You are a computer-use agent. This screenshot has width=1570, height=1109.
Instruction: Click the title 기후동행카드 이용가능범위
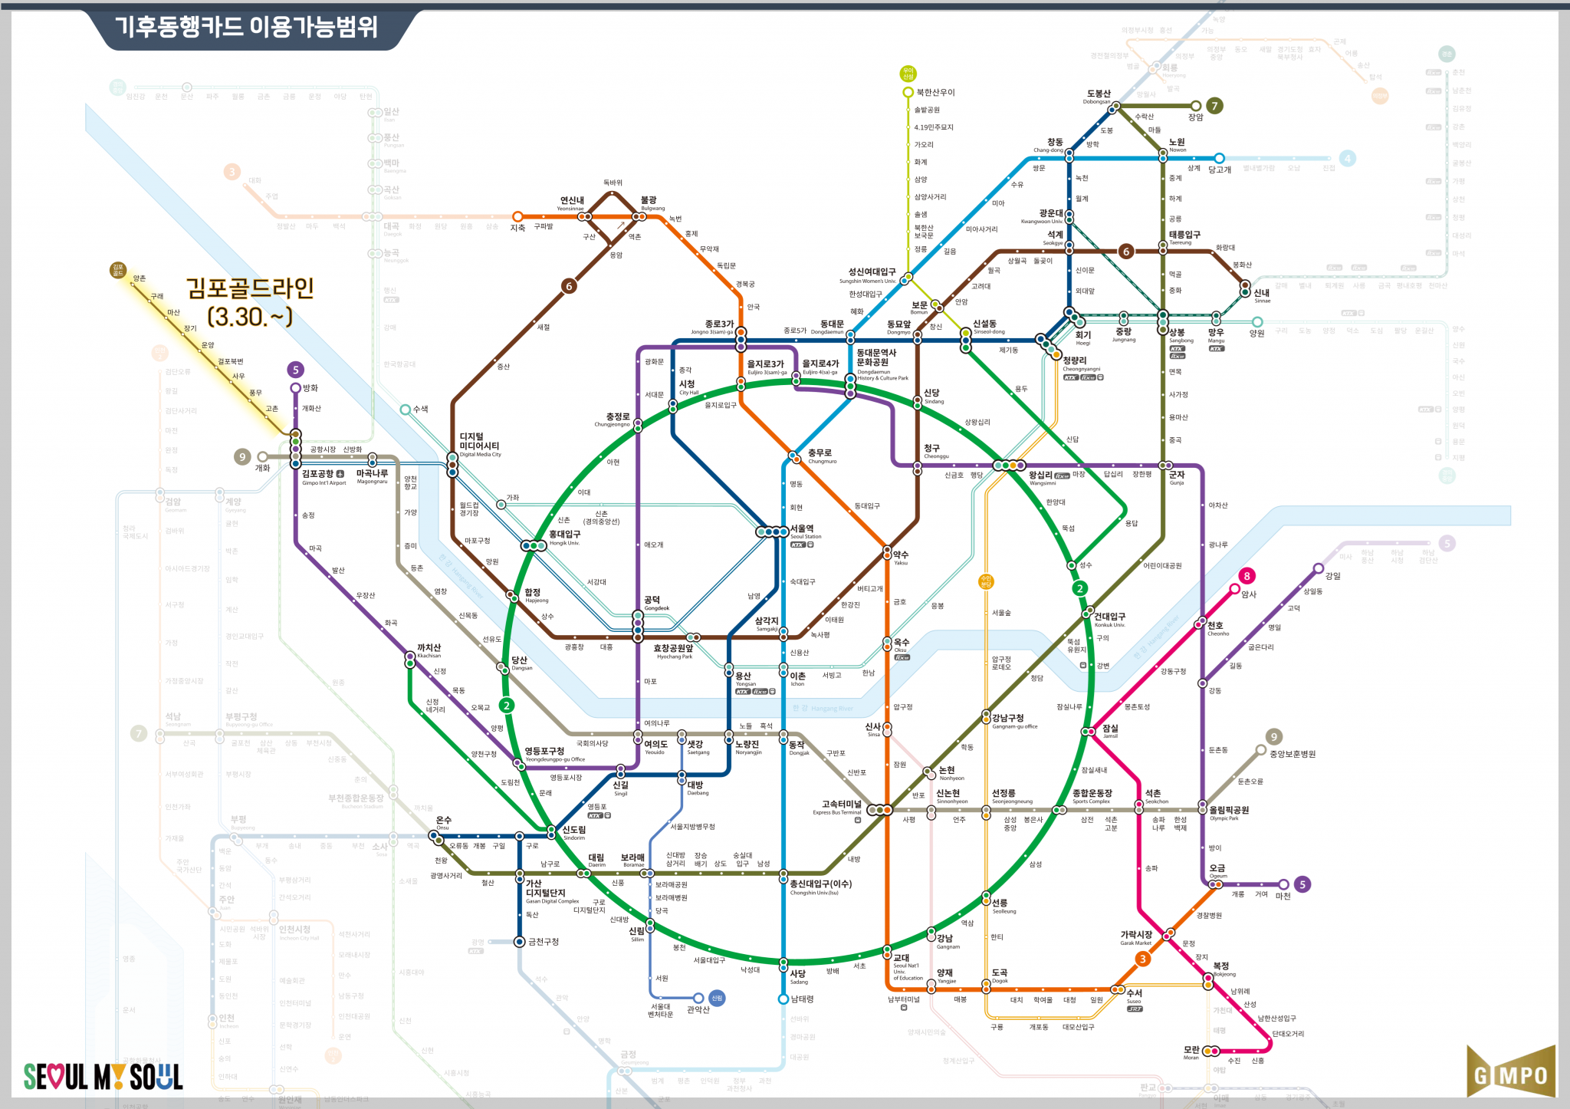tap(247, 27)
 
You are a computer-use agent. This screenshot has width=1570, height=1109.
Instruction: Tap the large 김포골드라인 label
tap(250, 288)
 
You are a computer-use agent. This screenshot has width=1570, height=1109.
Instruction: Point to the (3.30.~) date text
tap(250, 317)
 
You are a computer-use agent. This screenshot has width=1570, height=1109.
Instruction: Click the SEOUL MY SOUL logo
tap(103, 1077)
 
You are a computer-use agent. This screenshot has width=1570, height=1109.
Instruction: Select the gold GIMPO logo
tap(1511, 1074)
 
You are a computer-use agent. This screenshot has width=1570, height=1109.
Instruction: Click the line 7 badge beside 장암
tap(1214, 106)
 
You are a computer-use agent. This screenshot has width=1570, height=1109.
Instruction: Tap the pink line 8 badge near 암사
tap(1246, 576)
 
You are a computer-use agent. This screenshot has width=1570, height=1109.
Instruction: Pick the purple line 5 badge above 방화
tap(296, 370)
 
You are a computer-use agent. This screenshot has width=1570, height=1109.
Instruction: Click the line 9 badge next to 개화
tap(242, 457)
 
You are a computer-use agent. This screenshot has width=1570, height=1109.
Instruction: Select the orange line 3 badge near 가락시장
tap(1142, 959)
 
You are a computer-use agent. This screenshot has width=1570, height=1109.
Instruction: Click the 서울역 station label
tap(802, 528)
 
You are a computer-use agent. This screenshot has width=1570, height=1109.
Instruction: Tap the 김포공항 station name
tap(318, 474)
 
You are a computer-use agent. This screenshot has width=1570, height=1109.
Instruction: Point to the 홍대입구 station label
tap(565, 534)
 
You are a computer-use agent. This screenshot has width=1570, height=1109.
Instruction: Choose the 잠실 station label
tap(1110, 728)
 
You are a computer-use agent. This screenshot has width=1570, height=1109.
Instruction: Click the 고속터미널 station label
tap(842, 804)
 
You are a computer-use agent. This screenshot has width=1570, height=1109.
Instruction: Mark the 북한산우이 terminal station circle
tap(908, 93)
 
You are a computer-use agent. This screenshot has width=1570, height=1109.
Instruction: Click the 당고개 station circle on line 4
tap(1219, 159)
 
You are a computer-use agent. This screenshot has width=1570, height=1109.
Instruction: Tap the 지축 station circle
tap(517, 216)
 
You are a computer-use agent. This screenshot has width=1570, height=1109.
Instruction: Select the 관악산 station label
tap(698, 1009)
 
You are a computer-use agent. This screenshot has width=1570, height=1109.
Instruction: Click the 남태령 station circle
tap(783, 999)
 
